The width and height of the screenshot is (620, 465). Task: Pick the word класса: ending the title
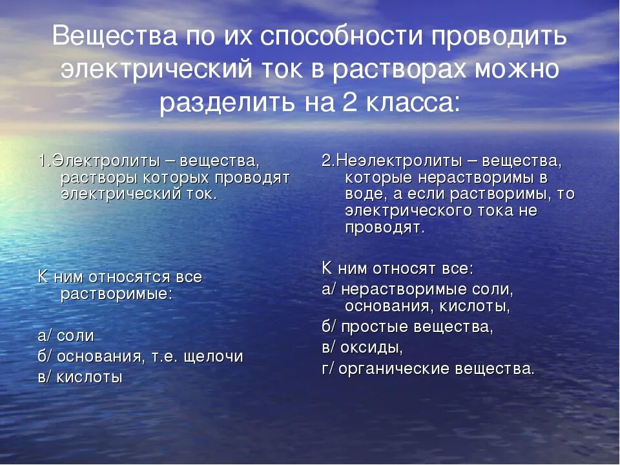click(x=416, y=102)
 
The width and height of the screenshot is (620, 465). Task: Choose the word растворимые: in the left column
click(x=116, y=294)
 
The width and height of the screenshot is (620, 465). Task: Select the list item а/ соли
click(x=66, y=336)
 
